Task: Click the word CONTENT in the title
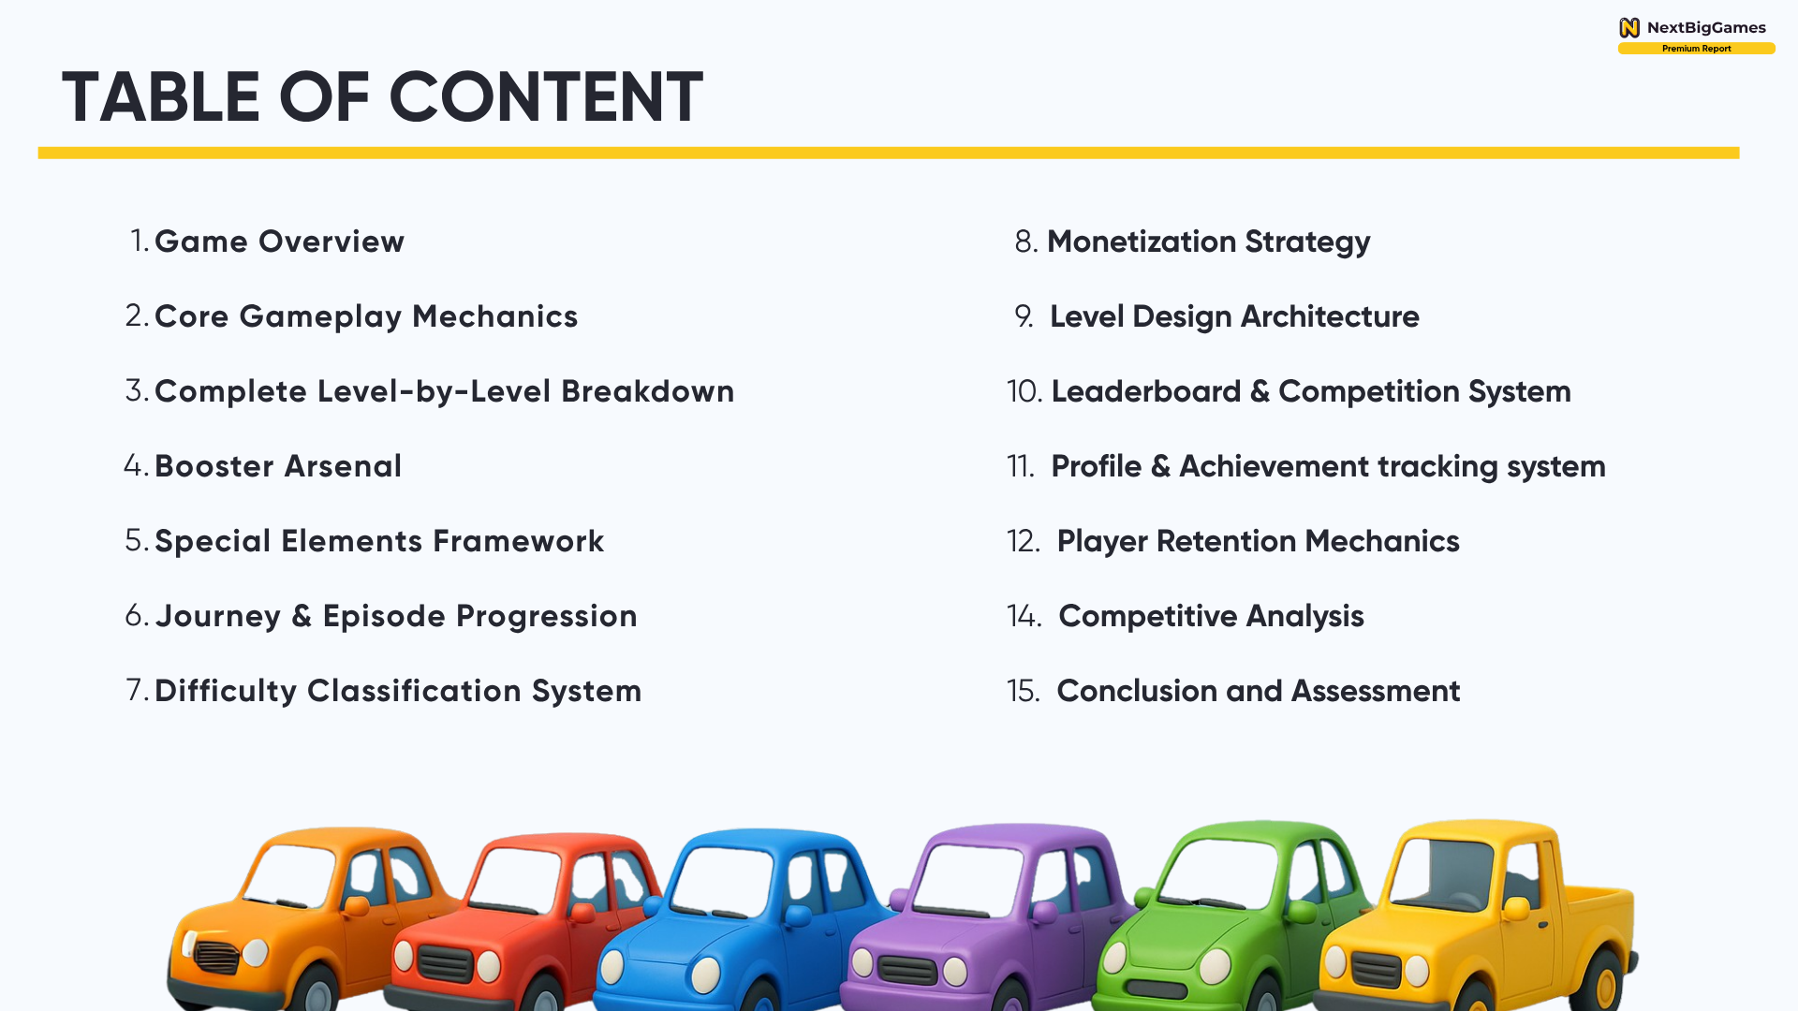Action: [545, 97]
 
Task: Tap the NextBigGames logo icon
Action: [1629, 28]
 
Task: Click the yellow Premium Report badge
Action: [1696, 49]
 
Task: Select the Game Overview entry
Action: [279, 242]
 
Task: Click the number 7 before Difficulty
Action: [136, 691]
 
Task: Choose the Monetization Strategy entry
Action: [1208, 242]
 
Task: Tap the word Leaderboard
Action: [1145, 391]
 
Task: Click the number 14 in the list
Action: [1023, 616]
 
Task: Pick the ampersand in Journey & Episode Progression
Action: [302, 616]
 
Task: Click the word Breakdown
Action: [648, 391]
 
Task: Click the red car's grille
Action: [445, 962]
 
